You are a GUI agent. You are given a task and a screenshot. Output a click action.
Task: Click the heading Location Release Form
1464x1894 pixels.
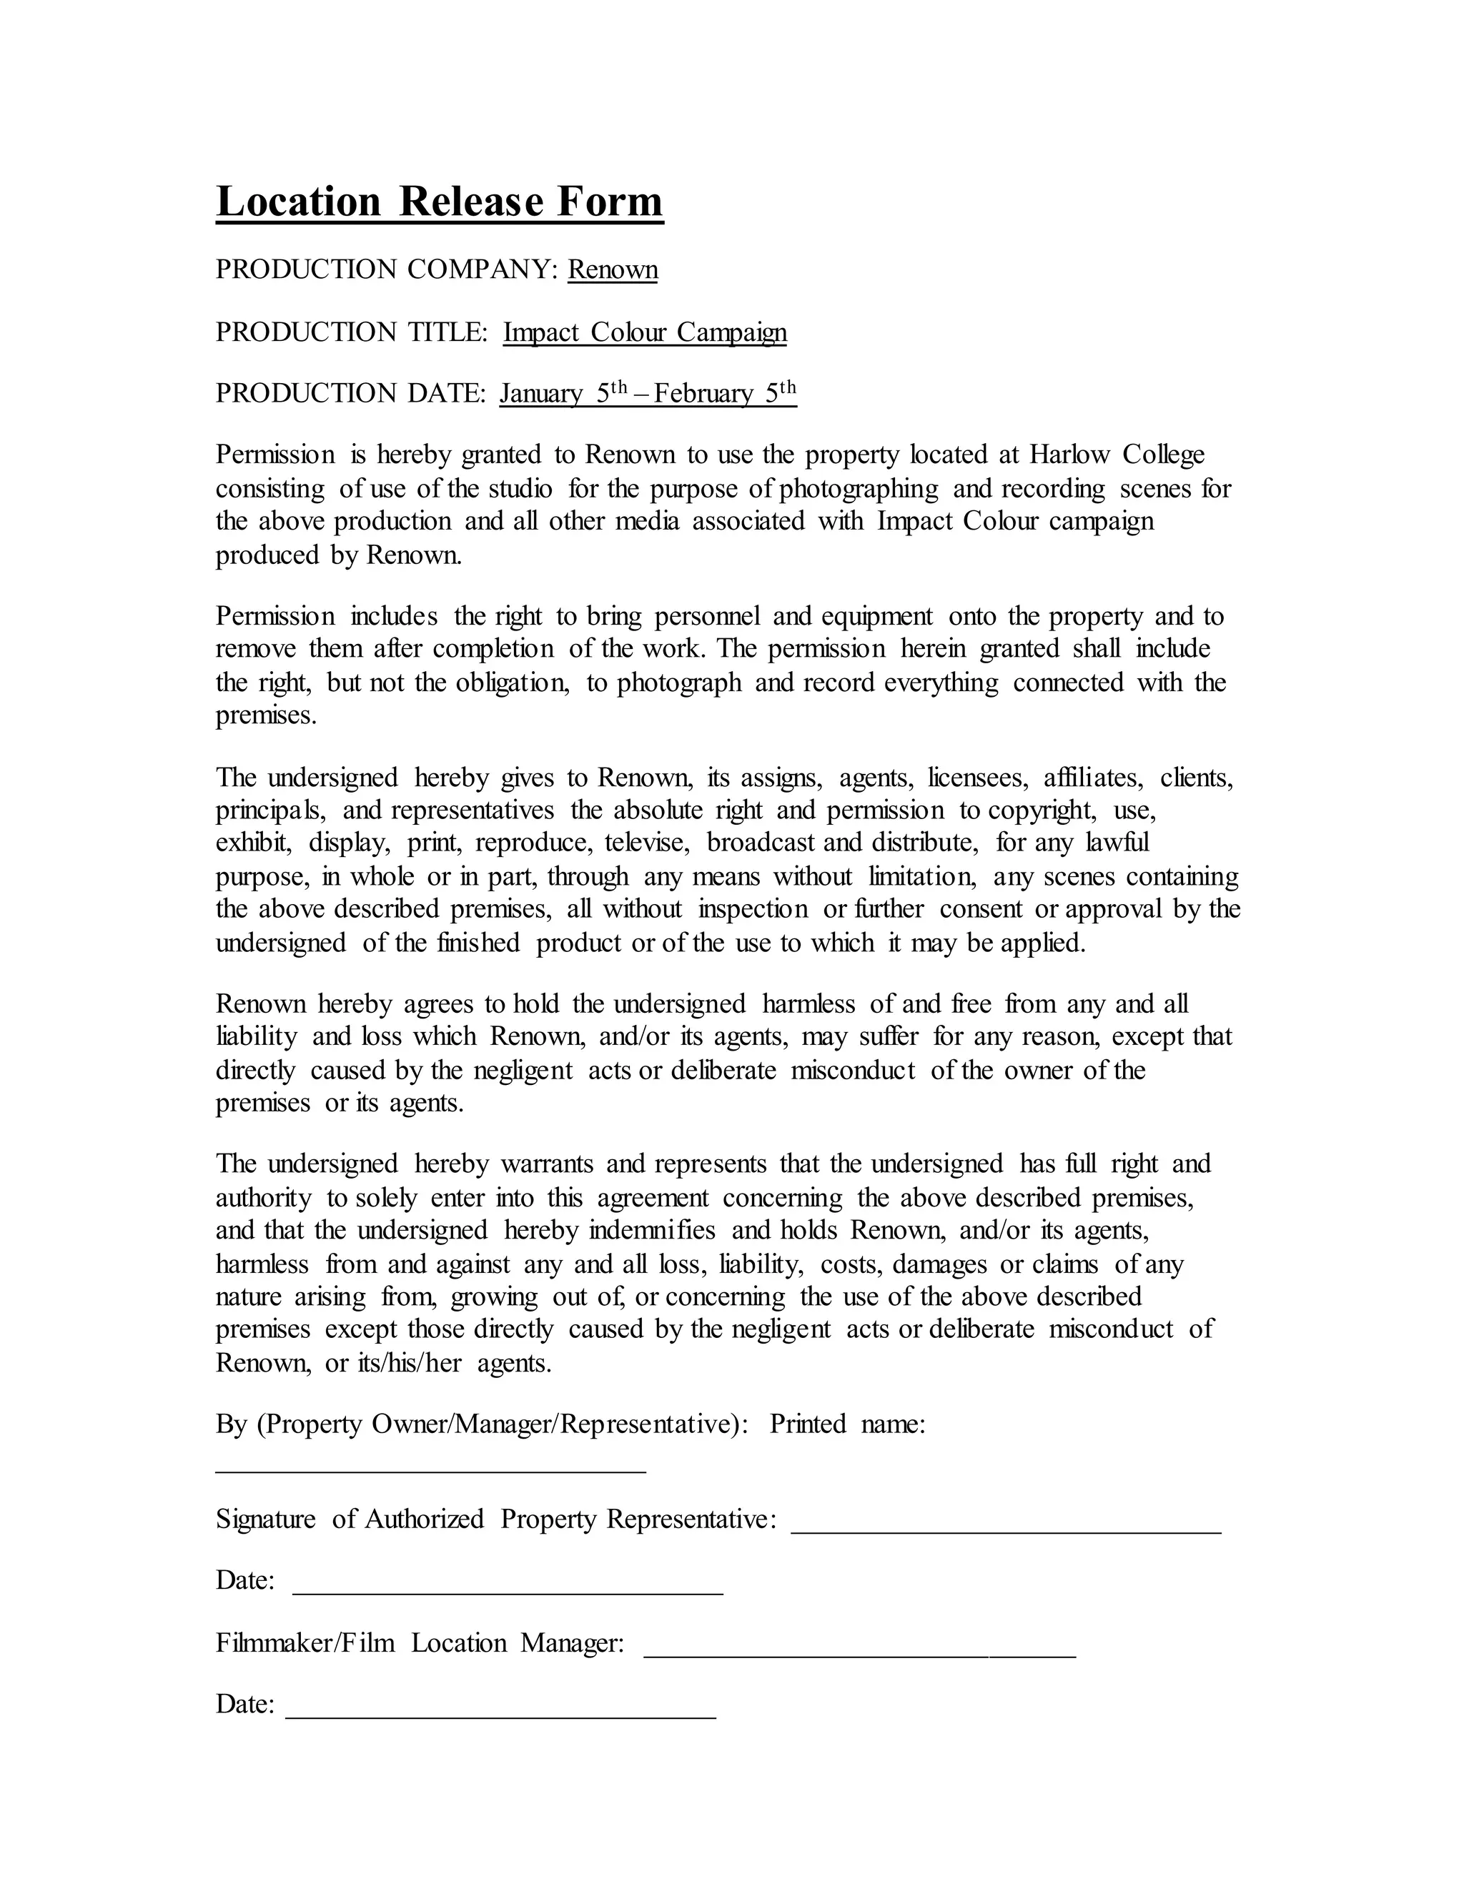439,202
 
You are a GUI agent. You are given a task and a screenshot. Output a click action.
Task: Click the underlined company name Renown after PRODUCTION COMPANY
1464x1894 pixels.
613,269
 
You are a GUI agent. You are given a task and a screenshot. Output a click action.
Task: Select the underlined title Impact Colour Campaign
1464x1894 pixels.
644,332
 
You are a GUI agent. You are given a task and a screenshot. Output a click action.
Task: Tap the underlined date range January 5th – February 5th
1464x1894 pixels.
647,394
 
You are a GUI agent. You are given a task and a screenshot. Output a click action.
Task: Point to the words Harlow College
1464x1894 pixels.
1117,455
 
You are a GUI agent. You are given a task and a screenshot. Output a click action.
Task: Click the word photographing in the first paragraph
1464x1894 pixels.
858,488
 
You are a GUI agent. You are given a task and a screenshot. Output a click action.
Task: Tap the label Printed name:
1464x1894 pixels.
847,1424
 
